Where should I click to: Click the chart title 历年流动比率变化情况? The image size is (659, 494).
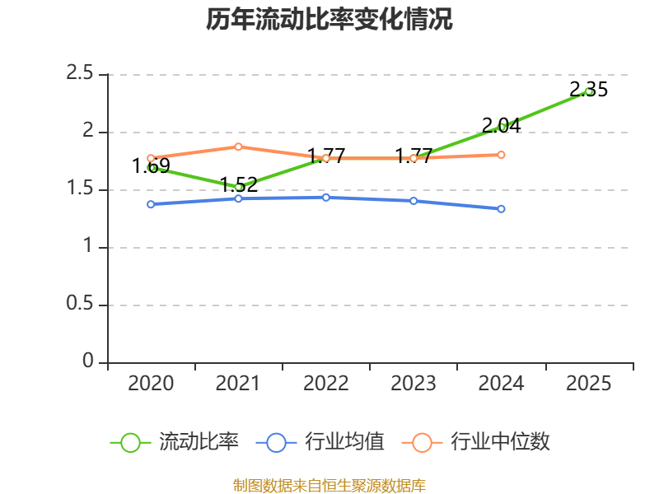pyautogui.click(x=329, y=19)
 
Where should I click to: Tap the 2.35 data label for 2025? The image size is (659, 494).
pyautogui.click(x=588, y=90)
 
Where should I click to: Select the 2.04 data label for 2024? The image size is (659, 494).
pyautogui.click(x=501, y=126)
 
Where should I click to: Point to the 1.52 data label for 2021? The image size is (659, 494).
pyautogui.click(x=238, y=184)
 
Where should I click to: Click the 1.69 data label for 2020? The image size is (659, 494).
pyautogui.click(x=151, y=166)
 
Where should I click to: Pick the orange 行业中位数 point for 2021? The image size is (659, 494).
pyautogui.click(x=238, y=147)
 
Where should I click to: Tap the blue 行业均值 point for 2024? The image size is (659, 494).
pyautogui.click(x=501, y=209)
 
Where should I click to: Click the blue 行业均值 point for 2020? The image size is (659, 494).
pyautogui.click(x=151, y=204)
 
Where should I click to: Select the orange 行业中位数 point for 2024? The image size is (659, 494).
pyautogui.click(x=501, y=155)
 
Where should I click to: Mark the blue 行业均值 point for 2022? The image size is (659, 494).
pyautogui.click(x=326, y=198)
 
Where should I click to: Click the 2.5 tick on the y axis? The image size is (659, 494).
pyautogui.click(x=79, y=73)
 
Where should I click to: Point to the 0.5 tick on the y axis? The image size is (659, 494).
pyautogui.click(x=79, y=304)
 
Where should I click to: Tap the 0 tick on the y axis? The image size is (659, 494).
pyautogui.click(x=88, y=361)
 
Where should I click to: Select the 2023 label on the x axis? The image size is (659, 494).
pyautogui.click(x=414, y=384)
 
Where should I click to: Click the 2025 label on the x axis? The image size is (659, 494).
pyautogui.click(x=588, y=384)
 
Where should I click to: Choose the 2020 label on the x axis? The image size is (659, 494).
pyautogui.click(x=151, y=384)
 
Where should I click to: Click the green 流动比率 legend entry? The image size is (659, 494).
pyautogui.click(x=174, y=442)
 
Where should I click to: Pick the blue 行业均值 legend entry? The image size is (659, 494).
pyautogui.click(x=320, y=442)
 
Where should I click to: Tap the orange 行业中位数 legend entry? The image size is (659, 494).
pyautogui.click(x=476, y=442)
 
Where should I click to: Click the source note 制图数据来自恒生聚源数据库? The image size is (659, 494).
pyautogui.click(x=329, y=486)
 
